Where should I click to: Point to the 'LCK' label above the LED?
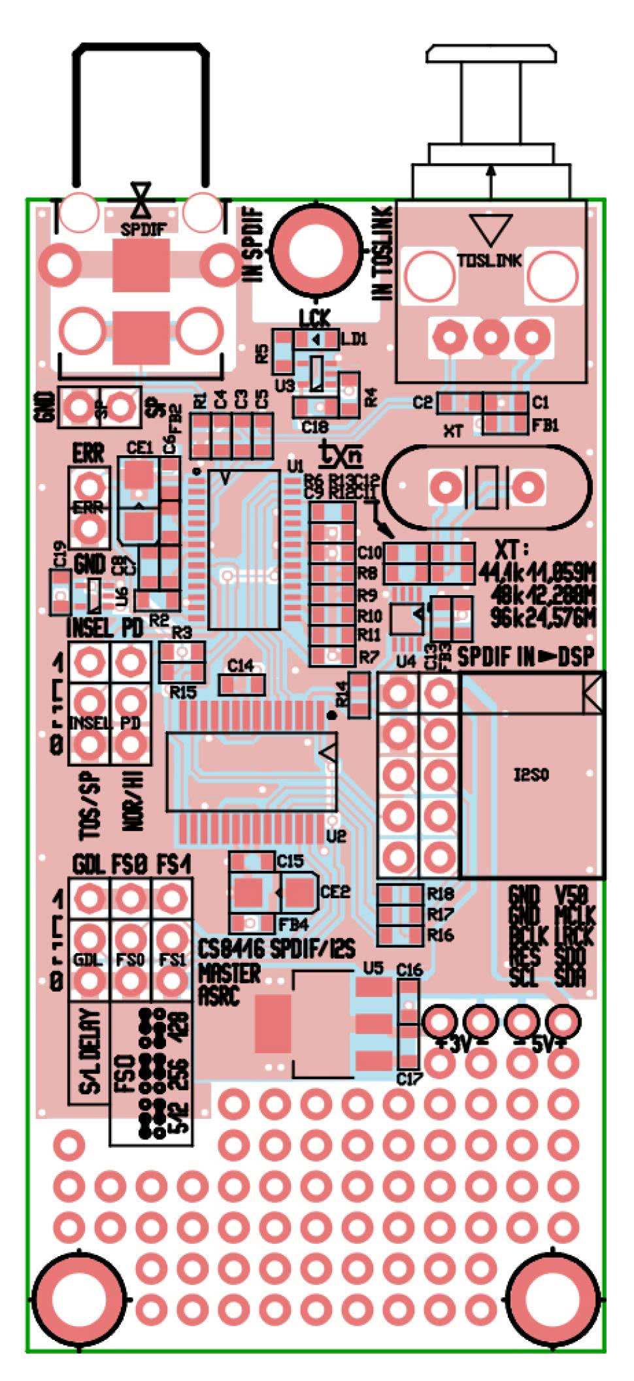point(314,319)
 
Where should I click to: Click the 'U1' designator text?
point(295,466)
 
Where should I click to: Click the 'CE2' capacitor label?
point(335,891)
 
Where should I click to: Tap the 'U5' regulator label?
point(373,967)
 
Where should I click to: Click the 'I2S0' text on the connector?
point(531,775)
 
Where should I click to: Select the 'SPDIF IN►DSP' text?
point(526,657)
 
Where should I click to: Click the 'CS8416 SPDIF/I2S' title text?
point(277,949)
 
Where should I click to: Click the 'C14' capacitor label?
point(241,665)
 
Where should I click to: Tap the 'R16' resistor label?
point(441,935)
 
